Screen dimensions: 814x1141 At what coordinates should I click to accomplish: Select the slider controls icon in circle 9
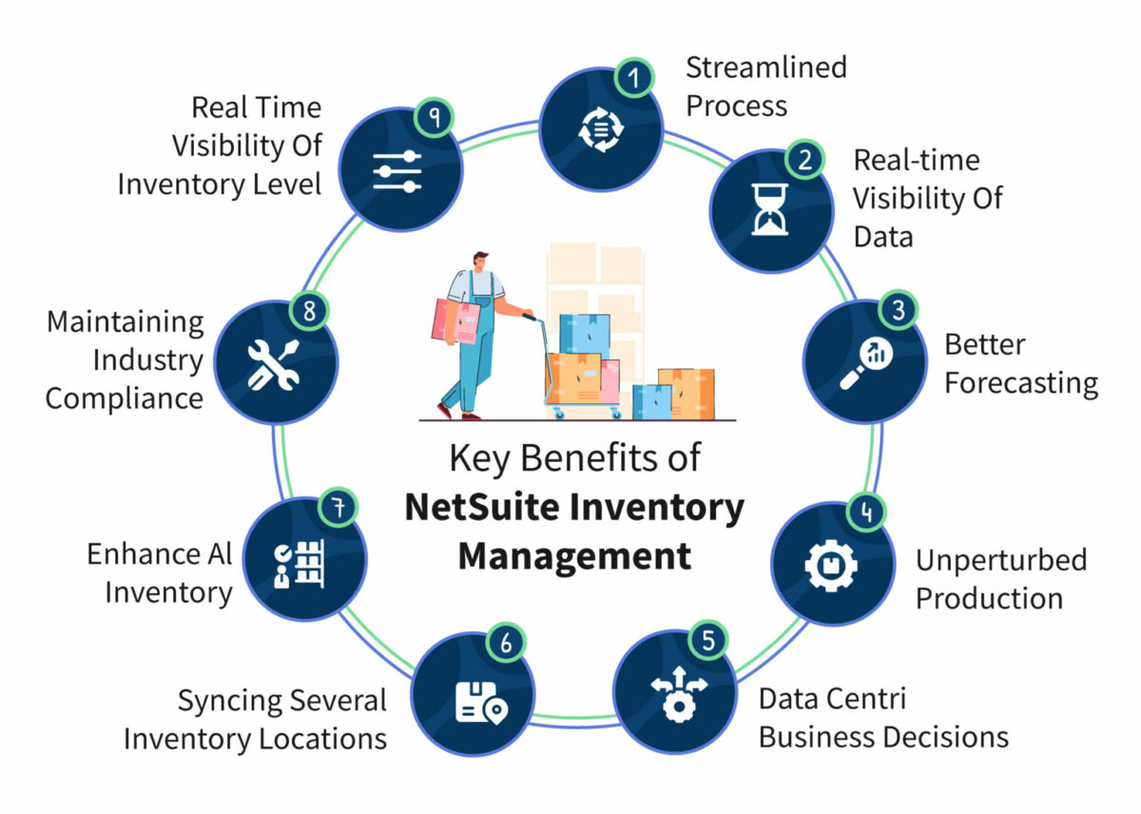tap(396, 170)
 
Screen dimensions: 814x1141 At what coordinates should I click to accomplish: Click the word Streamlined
tap(765, 68)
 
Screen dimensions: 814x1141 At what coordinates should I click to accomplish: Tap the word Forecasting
tap(1021, 383)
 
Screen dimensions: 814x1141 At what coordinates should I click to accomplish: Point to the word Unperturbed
tap(1000, 560)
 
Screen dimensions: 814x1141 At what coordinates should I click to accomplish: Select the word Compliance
tap(124, 397)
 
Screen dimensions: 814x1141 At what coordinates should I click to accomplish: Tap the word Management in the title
tap(574, 555)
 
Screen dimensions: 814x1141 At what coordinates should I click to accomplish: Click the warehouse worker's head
tap(480, 262)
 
